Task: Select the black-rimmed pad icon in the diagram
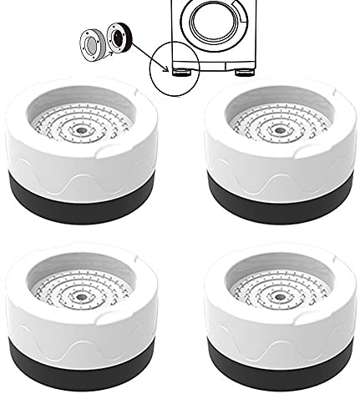click(x=116, y=38)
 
